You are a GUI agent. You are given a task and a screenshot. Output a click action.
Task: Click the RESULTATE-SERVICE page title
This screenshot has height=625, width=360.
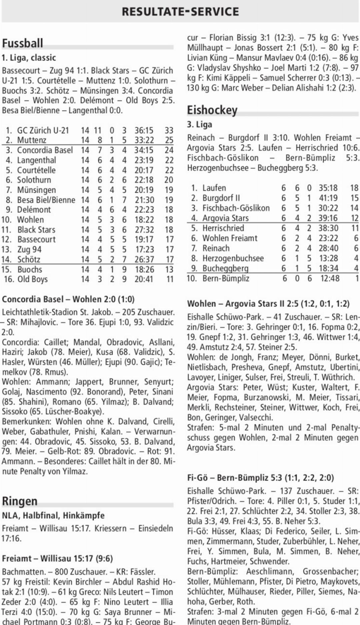(180, 12)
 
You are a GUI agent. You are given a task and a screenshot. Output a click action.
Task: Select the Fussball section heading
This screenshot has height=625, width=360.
(23, 43)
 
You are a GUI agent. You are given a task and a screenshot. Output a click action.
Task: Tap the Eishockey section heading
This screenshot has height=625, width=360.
(212, 110)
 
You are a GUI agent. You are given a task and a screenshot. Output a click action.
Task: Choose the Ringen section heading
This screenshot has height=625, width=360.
(20, 501)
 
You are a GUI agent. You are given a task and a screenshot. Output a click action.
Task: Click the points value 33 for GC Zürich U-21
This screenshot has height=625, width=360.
(169, 130)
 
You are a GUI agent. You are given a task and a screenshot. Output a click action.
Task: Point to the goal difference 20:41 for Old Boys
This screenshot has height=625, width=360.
(144, 279)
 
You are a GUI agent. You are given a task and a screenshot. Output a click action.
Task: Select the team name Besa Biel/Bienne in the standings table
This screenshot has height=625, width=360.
(46, 200)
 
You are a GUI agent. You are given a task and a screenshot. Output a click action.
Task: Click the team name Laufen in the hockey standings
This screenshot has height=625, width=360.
(214, 188)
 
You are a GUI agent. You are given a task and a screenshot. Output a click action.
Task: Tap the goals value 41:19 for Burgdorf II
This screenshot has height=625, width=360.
(328, 198)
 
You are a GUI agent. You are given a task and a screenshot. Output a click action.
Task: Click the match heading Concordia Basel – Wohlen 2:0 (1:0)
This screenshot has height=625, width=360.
(68, 299)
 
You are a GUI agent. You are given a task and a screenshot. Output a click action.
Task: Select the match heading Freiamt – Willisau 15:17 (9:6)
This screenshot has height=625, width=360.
(57, 558)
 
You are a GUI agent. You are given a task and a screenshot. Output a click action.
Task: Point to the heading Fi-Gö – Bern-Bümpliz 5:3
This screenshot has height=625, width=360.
(260, 478)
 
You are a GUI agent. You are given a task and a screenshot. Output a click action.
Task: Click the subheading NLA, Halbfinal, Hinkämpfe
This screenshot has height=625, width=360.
(53, 515)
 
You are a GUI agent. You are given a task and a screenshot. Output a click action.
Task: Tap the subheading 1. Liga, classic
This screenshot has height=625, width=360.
(29, 58)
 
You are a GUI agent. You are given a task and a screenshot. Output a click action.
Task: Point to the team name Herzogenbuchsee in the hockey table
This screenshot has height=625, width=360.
(233, 258)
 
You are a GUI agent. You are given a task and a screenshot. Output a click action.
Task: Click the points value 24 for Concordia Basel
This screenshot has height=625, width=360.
(169, 150)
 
